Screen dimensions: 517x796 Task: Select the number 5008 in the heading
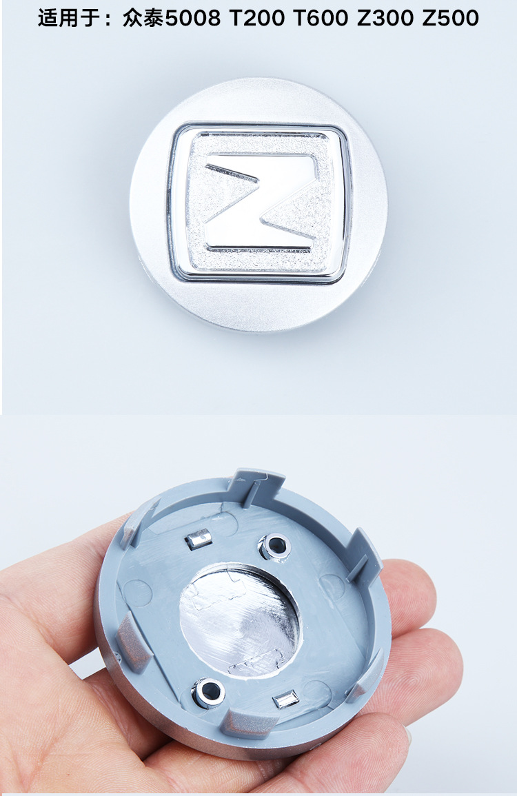[194, 19]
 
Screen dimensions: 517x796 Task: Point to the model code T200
[257, 19]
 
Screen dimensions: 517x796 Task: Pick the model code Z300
[385, 19]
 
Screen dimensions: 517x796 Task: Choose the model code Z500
[450, 19]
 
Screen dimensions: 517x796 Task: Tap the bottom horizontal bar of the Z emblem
[259, 237]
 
